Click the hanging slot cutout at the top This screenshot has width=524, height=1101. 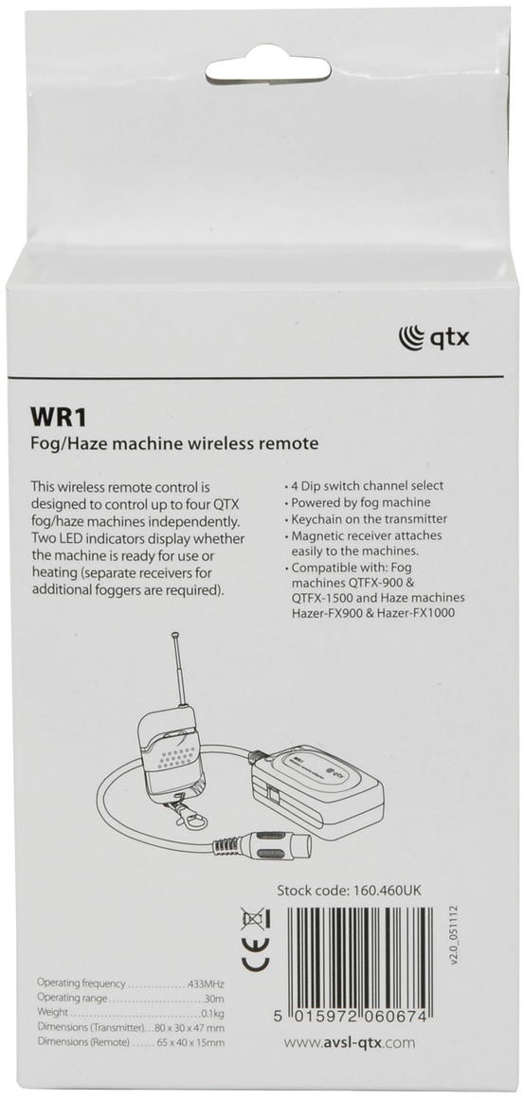point(267,69)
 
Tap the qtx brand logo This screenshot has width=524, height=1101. point(433,337)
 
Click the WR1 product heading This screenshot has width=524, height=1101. point(57,416)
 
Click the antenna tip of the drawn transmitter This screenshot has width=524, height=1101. point(174,636)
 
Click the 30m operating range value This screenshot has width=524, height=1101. point(215,999)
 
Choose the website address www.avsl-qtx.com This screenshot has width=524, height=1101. point(349,1042)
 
